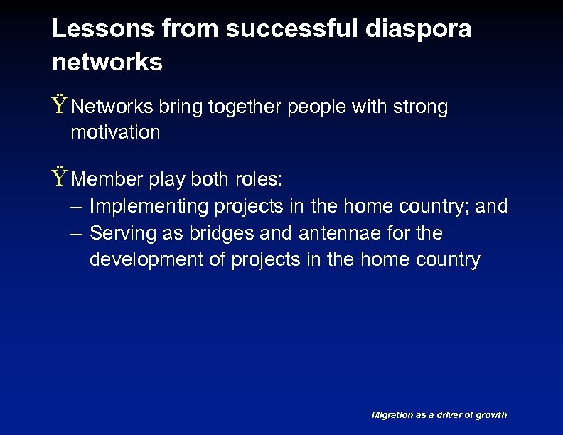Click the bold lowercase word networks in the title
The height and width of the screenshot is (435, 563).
tap(107, 63)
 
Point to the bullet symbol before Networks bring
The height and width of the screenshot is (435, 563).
tap(60, 107)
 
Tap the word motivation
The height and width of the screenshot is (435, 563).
tap(115, 132)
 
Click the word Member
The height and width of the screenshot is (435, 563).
tap(107, 180)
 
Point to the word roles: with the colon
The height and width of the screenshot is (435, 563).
tap(259, 180)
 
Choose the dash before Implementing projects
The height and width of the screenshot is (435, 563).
tap(76, 207)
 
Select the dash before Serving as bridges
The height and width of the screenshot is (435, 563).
tap(76, 233)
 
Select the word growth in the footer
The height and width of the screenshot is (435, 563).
tap(492, 414)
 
